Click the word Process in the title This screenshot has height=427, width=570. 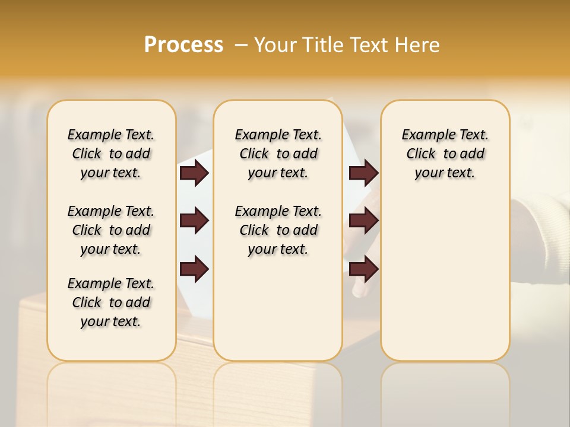point(183,45)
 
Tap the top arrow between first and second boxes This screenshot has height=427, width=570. point(194,173)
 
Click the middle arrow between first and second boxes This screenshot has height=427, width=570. point(194,221)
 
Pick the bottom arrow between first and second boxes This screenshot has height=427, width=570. point(194,269)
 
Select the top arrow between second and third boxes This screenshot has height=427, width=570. point(363,173)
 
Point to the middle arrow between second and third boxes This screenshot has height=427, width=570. point(363,221)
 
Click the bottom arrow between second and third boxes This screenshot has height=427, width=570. point(363,269)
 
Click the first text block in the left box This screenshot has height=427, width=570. point(111,154)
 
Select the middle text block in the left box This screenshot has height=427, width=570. point(111,230)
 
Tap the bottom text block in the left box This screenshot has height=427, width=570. point(111,302)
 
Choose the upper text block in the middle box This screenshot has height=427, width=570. point(278,154)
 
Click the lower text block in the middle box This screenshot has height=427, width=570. point(278,230)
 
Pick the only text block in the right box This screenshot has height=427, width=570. point(445,154)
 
